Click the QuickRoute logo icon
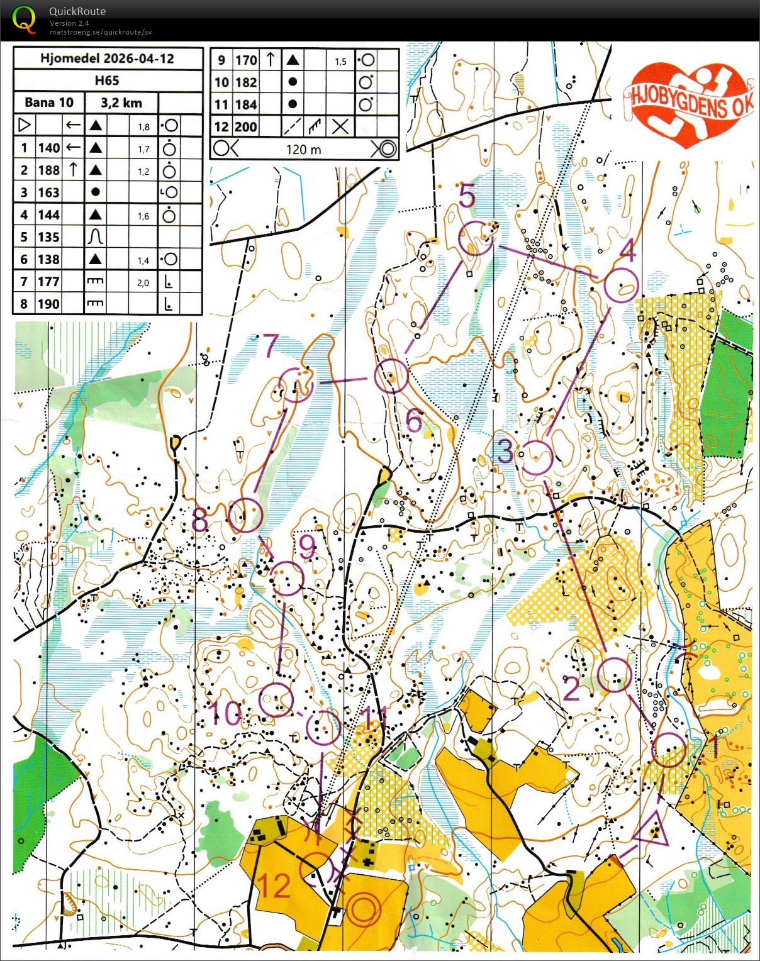24,19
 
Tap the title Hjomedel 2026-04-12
107,58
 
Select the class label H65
107,81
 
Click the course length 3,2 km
121,103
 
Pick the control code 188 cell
48,170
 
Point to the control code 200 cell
245,127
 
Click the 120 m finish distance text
303,150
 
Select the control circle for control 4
621,285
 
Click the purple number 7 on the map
271,345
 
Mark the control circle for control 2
613,675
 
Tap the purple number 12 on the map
274,886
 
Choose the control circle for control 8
245,515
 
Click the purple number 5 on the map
467,196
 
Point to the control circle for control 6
391,376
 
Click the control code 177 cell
48,282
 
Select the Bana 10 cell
49,103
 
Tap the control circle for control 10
276,699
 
